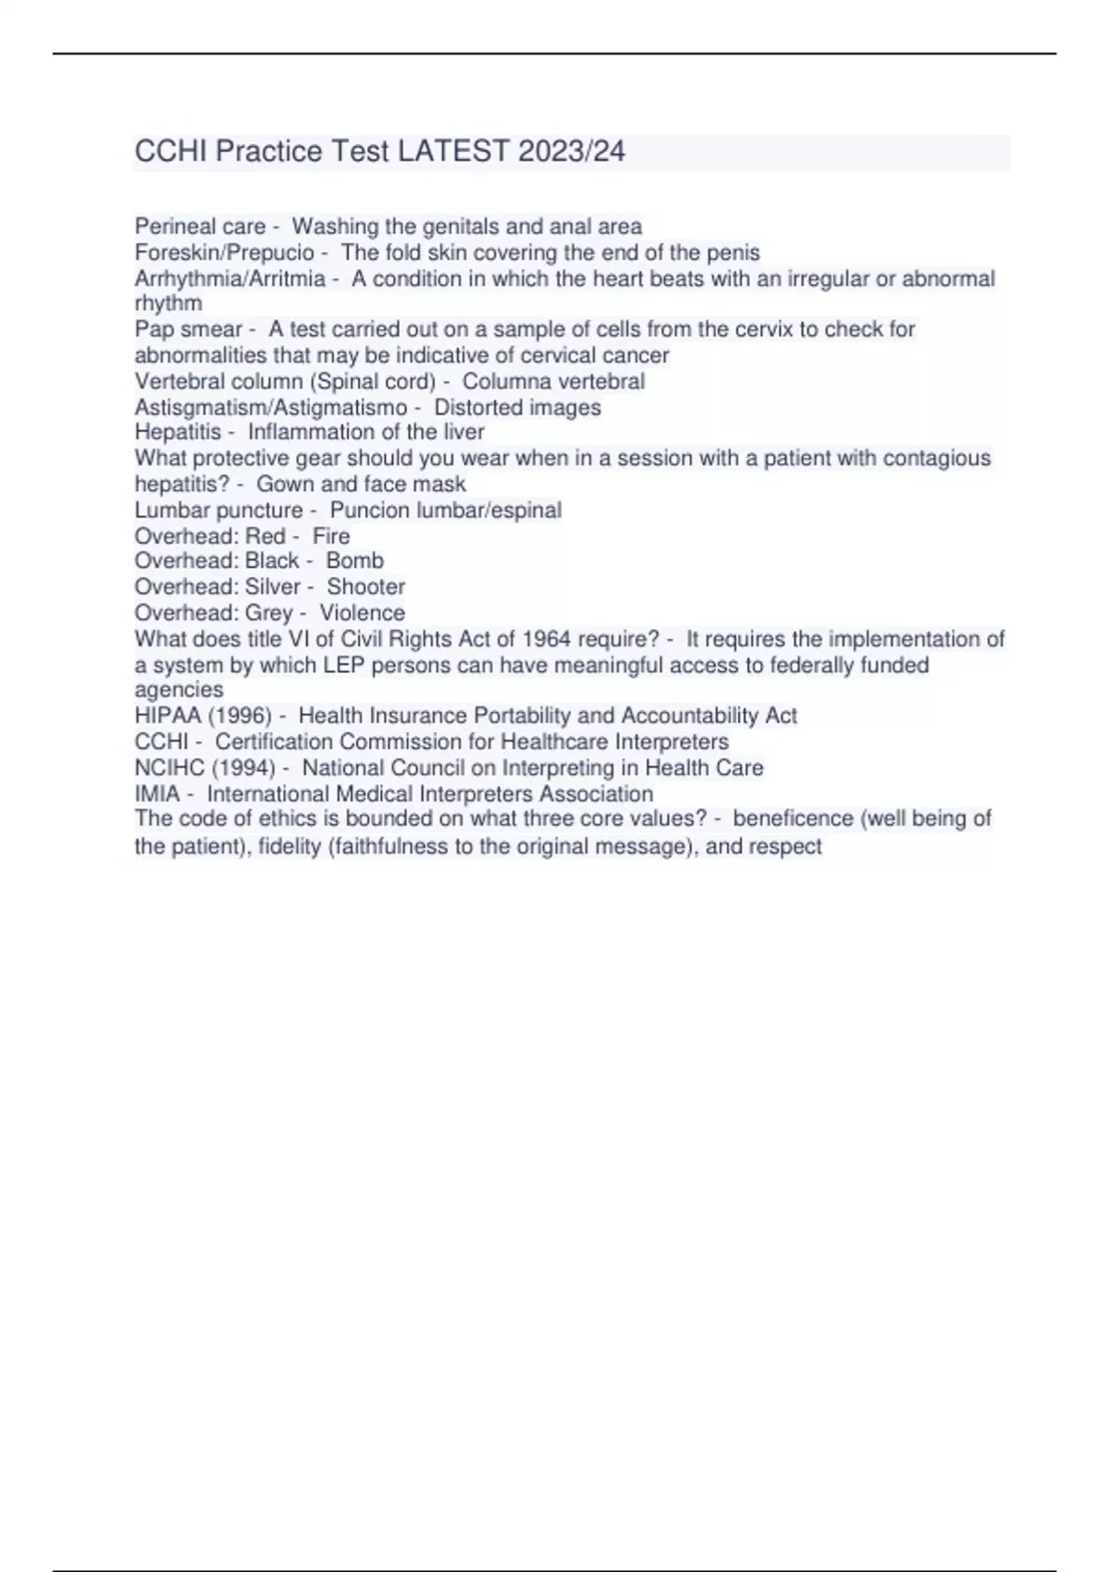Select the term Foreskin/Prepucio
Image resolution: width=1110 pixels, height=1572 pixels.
tap(225, 252)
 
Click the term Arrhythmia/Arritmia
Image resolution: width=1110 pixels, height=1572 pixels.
tap(229, 278)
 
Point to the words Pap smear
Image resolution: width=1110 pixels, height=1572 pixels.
tap(189, 329)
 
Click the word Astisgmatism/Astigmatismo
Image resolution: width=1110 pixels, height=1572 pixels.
tap(271, 407)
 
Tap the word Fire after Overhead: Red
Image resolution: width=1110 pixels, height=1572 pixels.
tap(331, 536)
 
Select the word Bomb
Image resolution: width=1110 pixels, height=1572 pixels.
tap(354, 561)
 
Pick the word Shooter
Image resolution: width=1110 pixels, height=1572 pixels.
tap(365, 587)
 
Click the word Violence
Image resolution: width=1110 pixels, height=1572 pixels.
tap(362, 613)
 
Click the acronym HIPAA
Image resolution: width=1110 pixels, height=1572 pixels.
tap(168, 716)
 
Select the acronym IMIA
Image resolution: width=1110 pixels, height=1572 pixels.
tap(157, 793)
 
